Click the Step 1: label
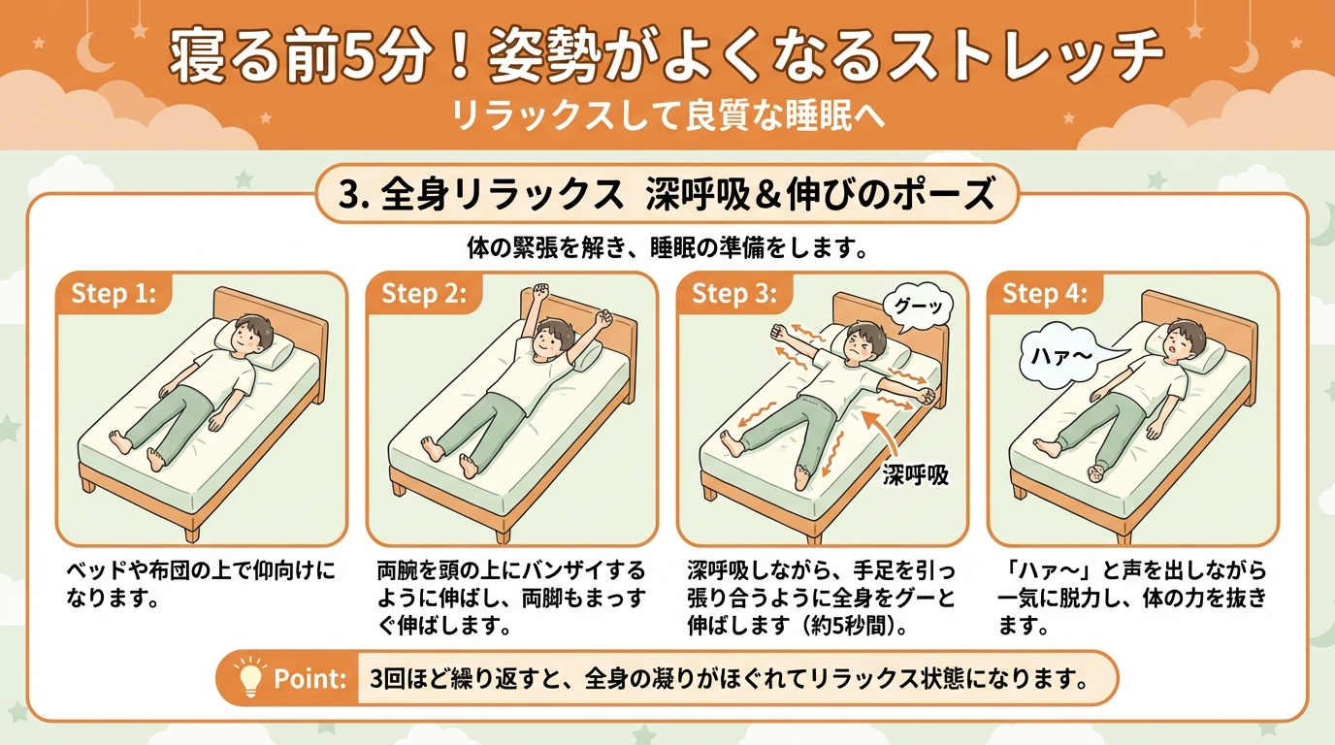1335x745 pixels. (114, 293)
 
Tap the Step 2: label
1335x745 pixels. (424, 293)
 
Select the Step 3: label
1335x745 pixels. (734, 293)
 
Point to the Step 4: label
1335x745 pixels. (1045, 293)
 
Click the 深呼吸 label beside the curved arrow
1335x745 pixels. (916, 475)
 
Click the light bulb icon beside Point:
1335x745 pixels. (249, 677)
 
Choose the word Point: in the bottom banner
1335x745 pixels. (309, 679)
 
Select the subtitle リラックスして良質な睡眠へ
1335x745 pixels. (667, 115)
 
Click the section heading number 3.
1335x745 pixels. (347, 195)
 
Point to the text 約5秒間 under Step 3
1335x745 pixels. (845, 627)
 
